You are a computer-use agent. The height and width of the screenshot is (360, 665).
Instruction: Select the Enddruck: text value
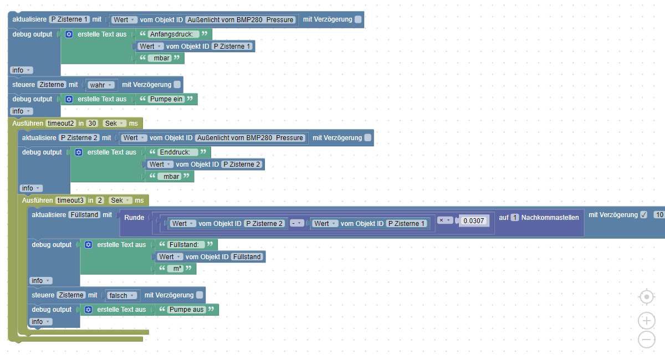click(x=175, y=152)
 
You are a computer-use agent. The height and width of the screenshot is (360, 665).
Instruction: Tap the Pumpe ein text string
click(x=167, y=99)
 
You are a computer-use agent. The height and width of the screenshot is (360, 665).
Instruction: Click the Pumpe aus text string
click(x=186, y=310)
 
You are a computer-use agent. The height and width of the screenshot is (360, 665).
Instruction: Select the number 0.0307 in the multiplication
click(x=474, y=220)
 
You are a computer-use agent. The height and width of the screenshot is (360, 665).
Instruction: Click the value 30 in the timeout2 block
click(x=92, y=123)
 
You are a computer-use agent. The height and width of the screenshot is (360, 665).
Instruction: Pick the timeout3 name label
click(x=69, y=200)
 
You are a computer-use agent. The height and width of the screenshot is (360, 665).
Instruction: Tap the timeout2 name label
click(x=60, y=123)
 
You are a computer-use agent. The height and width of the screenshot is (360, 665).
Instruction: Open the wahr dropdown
click(x=101, y=85)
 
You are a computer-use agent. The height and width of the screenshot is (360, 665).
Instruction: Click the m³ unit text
click(x=175, y=269)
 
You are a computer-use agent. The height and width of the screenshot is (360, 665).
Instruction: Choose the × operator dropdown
click(x=445, y=220)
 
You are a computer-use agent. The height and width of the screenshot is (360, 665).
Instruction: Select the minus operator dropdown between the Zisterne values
click(x=298, y=223)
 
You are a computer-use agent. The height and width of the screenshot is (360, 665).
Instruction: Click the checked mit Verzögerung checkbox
click(x=643, y=215)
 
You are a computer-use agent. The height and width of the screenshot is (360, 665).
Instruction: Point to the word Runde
click(x=134, y=218)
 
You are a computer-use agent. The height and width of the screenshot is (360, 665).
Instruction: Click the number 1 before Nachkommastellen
click(x=515, y=218)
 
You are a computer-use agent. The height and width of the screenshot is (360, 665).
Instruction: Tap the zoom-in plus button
click(x=646, y=320)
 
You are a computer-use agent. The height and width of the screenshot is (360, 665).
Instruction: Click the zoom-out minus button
click(x=646, y=339)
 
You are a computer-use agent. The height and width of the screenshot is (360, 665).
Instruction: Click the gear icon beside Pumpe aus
click(x=88, y=310)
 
